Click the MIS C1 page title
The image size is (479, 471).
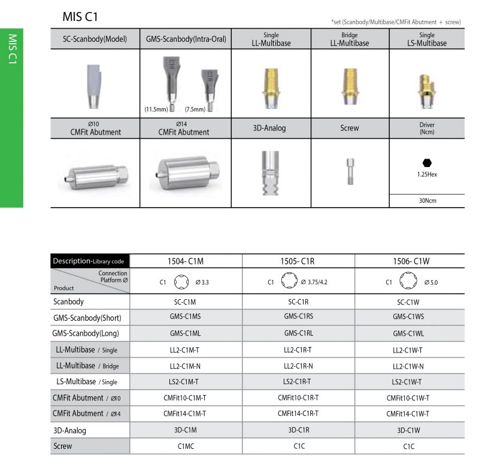pos(80,17)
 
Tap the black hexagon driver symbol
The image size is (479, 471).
pos(427,163)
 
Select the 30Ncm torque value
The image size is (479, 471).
pos(428,200)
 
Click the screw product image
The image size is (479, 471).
pos(350,171)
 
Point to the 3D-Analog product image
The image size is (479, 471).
pos(271,173)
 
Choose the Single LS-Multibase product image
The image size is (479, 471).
pos(427,92)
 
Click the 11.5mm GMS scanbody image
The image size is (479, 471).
pos(171,84)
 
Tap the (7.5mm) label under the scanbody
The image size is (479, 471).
pos(195,110)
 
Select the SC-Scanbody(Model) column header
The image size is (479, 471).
pos(95,39)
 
